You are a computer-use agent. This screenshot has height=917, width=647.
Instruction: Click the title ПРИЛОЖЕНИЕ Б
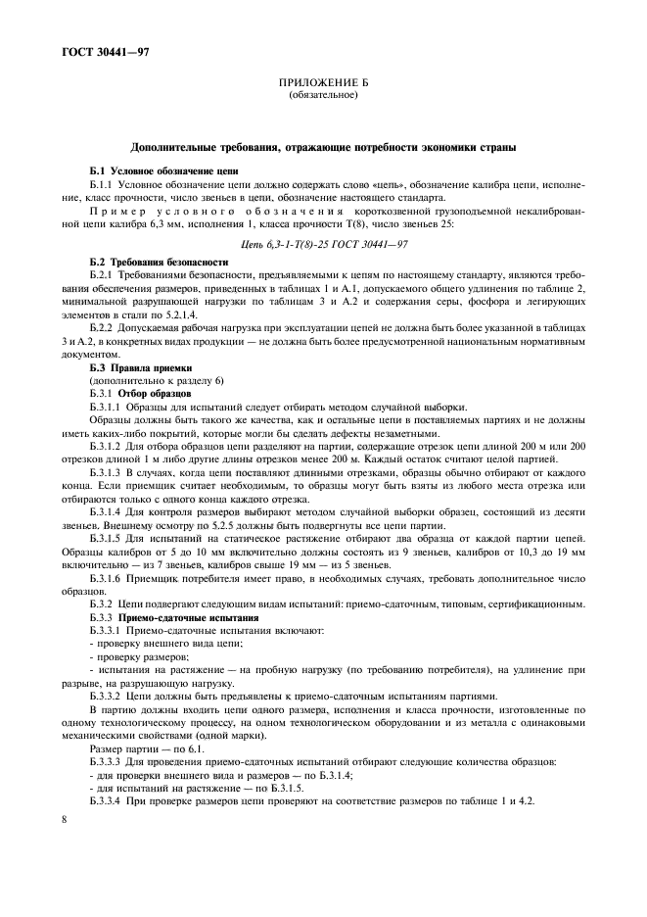click(x=322, y=85)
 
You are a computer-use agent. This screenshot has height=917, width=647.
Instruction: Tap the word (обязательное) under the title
click(x=322, y=96)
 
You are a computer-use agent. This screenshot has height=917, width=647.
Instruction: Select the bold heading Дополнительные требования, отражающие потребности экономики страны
click(x=323, y=148)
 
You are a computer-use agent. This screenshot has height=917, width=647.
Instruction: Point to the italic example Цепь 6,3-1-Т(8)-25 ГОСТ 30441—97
click(x=322, y=244)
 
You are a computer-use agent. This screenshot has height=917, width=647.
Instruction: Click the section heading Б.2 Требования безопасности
click(x=159, y=263)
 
